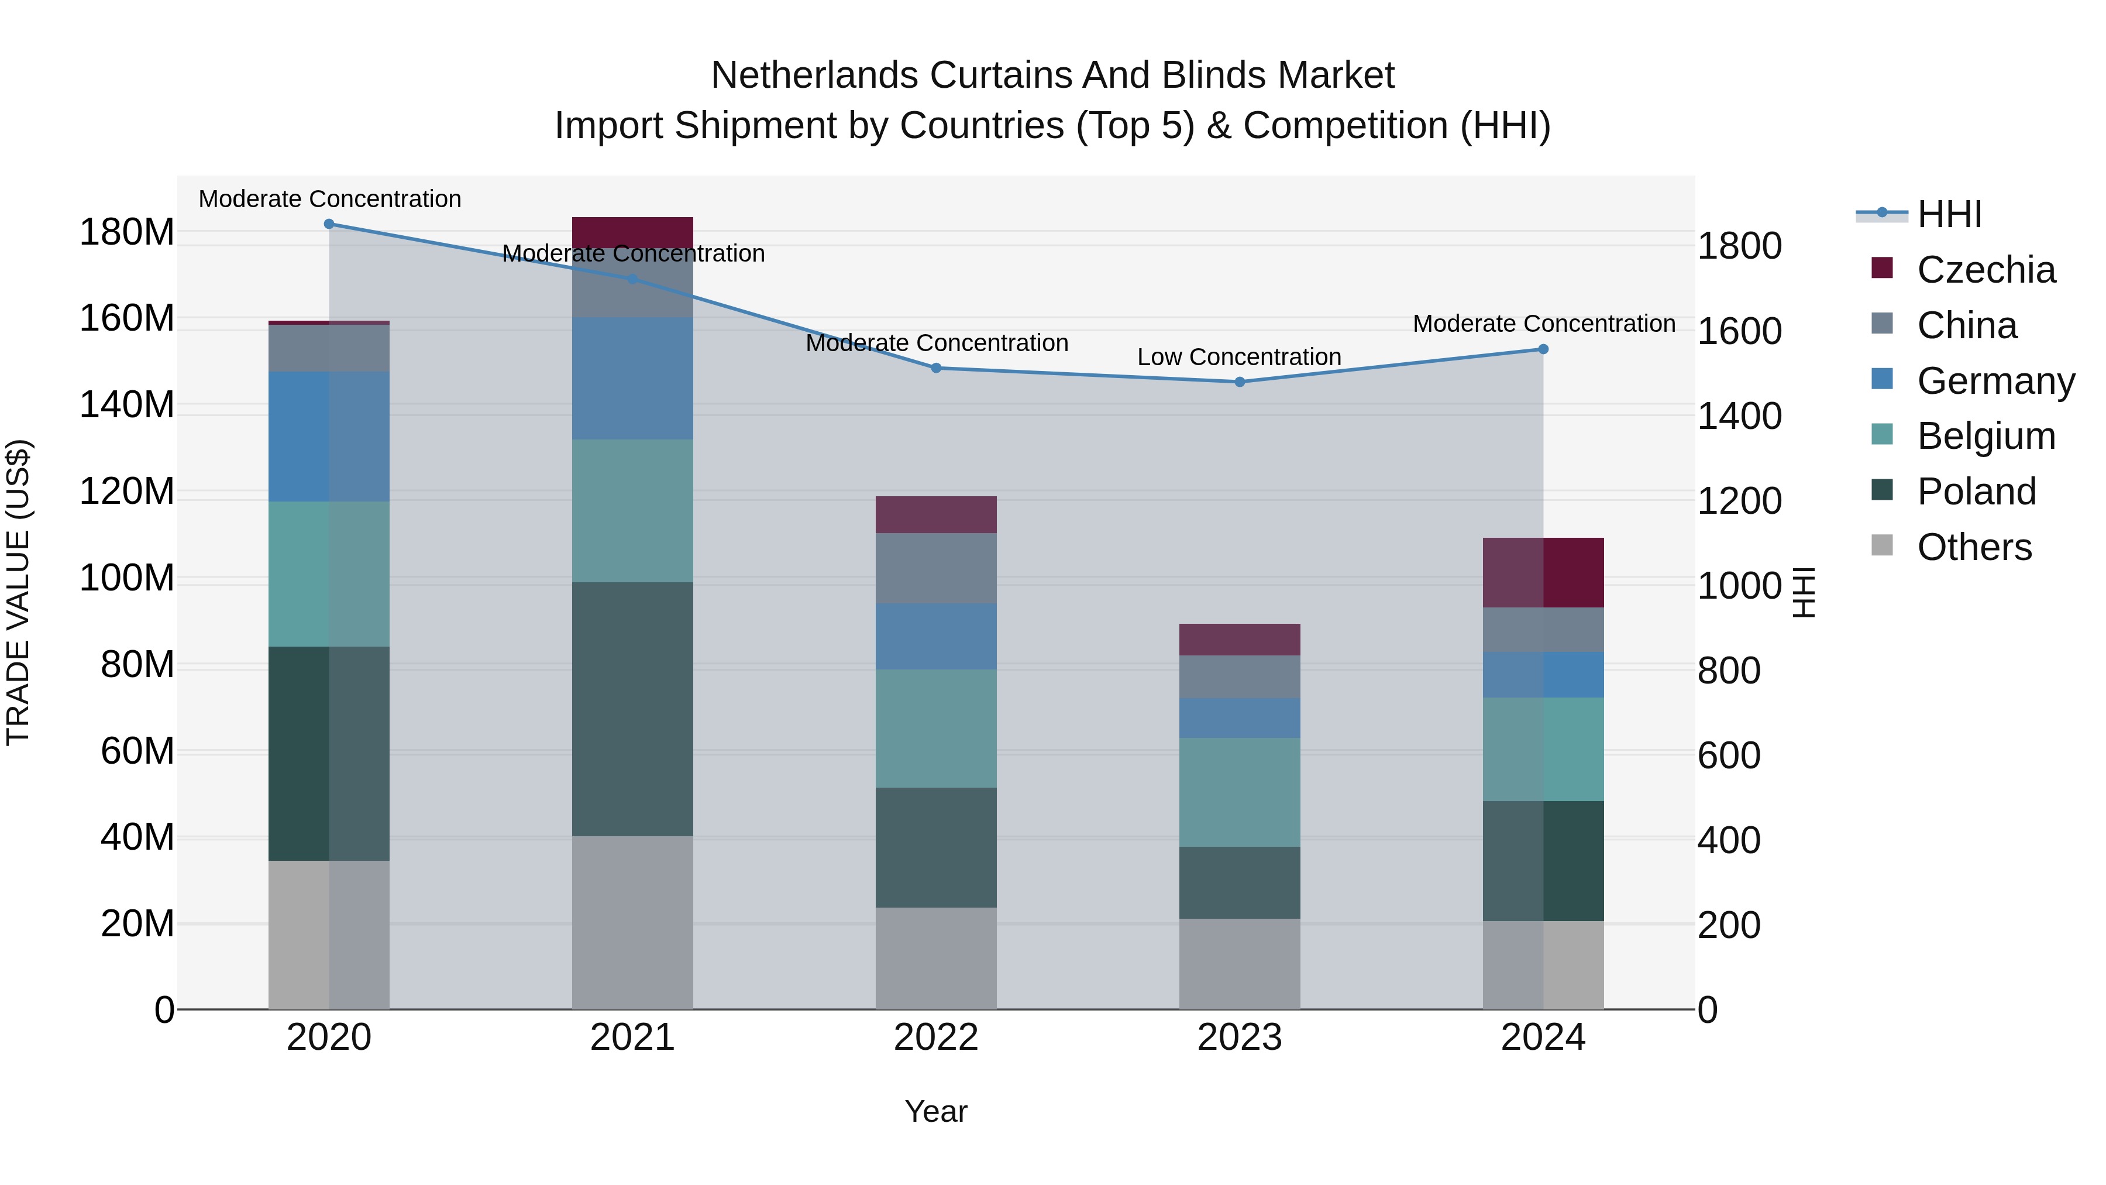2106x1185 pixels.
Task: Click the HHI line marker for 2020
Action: (329, 224)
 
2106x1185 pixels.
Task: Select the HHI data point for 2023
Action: (1240, 382)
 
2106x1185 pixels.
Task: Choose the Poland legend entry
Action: (1976, 492)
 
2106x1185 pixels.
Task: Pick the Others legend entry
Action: (1974, 547)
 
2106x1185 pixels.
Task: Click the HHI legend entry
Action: (1949, 214)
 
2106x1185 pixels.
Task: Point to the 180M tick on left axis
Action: (127, 232)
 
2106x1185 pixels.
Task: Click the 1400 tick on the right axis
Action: (1740, 416)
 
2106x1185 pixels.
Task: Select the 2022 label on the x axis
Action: (936, 1038)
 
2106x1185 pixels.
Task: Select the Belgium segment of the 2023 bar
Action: (1240, 792)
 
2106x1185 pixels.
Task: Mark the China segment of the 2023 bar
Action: (1240, 676)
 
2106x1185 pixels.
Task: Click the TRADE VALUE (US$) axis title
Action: (18, 592)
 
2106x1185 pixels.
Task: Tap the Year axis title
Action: (936, 1111)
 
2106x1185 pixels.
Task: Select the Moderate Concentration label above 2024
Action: (1544, 324)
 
